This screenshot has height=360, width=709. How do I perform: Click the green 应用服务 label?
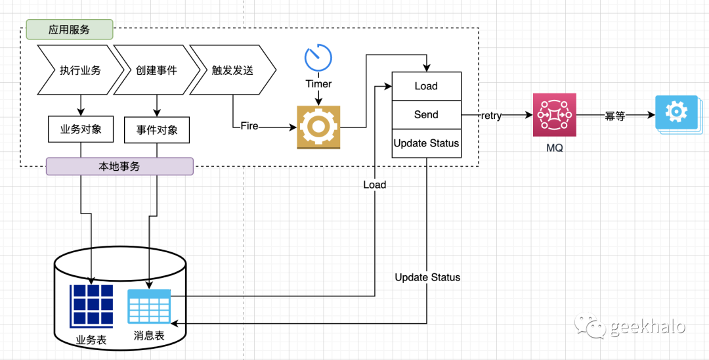click(70, 30)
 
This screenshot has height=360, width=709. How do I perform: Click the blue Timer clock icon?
click(318, 58)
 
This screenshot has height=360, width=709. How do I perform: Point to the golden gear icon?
click(318, 127)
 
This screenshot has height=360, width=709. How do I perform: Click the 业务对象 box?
click(81, 129)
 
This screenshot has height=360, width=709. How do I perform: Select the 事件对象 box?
click(156, 130)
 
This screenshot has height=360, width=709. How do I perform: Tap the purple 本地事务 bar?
click(119, 167)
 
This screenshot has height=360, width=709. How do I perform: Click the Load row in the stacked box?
click(426, 86)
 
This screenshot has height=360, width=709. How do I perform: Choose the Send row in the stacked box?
click(426, 115)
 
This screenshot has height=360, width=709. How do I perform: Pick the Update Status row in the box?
click(426, 143)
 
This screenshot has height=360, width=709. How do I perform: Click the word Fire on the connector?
click(249, 125)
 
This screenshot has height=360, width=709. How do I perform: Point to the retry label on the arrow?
click(491, 116)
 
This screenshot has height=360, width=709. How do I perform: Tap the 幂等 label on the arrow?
click(615, 116)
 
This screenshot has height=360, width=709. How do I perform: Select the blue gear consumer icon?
click(676, 114)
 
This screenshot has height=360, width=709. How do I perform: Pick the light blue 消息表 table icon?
click(150, 306)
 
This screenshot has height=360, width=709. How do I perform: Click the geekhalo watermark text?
click(647, 326)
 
